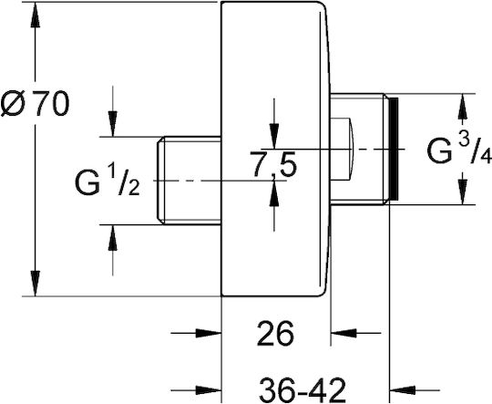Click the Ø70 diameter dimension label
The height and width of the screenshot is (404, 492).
[x=35, y=103]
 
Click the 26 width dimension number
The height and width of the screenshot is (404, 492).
[x=275, y=333]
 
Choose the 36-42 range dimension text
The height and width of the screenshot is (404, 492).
[x=303, y=390]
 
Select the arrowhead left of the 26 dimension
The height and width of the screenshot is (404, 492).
[x=209, y=333]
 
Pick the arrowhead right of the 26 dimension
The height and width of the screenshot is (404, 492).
[x=343, y=333]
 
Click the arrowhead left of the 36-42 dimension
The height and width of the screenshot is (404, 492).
[x=209, y=390]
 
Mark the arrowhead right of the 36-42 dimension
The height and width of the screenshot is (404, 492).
[x=402, y=390]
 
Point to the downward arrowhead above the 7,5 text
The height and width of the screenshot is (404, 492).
[x=274, y=136]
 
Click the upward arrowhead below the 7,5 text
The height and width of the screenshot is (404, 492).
[x=274, y=193]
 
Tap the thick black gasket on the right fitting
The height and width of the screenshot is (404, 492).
[x=394, y=149]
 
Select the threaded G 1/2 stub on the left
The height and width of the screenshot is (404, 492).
[x=189, y=181]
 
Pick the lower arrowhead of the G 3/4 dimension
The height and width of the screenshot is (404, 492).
[x=463, y=192]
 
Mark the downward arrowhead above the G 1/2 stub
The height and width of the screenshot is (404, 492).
[x=113, y=124]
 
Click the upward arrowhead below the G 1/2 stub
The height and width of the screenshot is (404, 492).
[x=113, y=238]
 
